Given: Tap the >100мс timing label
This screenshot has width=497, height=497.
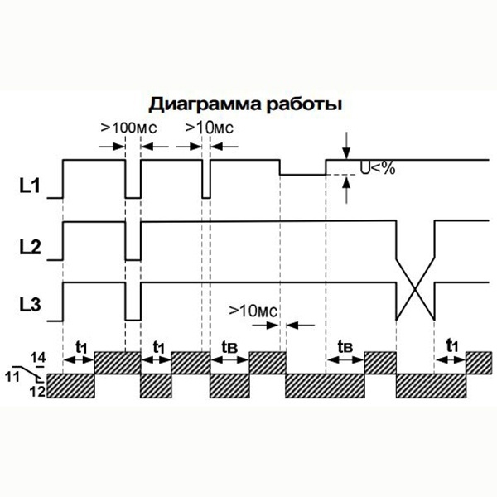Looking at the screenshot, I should pyautogui.click(x=129, y=128).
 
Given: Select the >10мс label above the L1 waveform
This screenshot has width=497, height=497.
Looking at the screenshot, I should pyautogui.click(x=208, y=128).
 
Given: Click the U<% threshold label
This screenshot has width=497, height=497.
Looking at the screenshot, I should pyautogui.click(x=377, y=169).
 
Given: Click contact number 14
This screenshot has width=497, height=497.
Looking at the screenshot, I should pyautogui.click(x=39, y=356).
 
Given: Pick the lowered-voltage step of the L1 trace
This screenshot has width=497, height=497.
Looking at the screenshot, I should pyautogui.click(x=302, y=174).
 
